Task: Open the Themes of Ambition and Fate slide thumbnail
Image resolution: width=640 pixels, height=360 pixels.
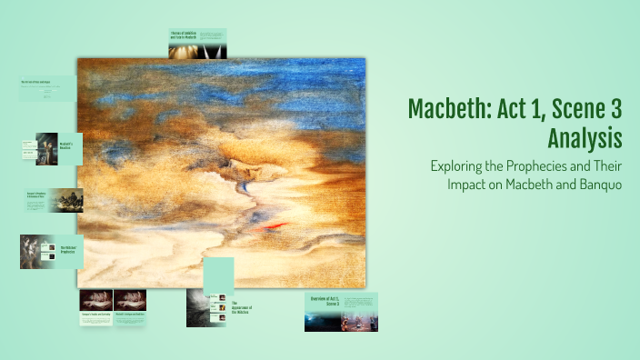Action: point(196,43)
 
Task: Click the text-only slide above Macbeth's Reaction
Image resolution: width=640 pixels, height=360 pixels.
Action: point(47,89)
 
